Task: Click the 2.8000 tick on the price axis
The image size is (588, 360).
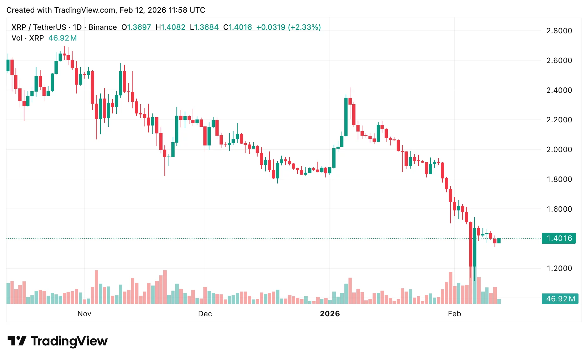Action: tap(559, 31)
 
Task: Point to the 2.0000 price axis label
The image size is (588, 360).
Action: tap(559, 150)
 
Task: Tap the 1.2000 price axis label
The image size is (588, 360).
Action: tap(559, 268)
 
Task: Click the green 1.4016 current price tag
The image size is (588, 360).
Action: tap(559, 238)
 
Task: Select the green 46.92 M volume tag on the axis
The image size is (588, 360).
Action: tap(560, 299)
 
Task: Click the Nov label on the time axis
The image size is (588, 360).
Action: tap(84, 314)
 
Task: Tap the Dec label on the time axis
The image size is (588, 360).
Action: tap(205, 314)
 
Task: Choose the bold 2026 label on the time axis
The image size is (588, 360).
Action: tap(330, 314)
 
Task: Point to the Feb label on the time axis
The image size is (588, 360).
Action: tap(454, 314)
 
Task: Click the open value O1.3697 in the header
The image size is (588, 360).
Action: tap(136, 27)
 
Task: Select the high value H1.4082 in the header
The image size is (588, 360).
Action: tap(170, 27)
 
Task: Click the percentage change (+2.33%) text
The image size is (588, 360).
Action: tap(304, 27)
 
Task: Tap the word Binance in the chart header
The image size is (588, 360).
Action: tap(103, 27)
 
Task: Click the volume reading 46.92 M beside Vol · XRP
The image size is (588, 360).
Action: tap(62, 38)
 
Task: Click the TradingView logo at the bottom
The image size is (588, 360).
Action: tap(57, 341)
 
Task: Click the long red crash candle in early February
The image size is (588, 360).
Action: tap(471, 244)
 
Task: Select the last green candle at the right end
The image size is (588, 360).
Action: tap(499, 241)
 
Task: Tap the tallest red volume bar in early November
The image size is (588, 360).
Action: tap(96, 287)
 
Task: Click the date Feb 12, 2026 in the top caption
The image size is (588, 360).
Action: tap(143, 10)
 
